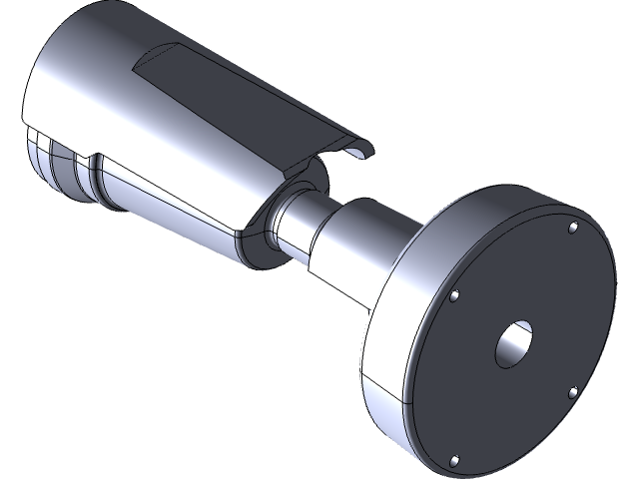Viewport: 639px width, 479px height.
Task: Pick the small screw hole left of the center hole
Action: [x=454, y=296]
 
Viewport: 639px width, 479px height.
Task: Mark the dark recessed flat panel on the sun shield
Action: [x=230, y=100]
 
